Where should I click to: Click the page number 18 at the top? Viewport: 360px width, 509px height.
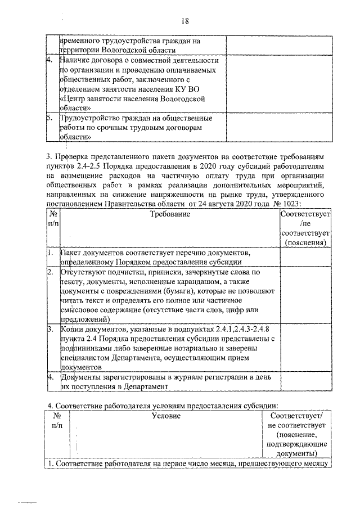click(x=184, y=21)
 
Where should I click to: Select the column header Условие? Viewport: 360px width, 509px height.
click(x=166, y=416)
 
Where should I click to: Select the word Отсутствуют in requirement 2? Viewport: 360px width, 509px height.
click(x=83, y=272)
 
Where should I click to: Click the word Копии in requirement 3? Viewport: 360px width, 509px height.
click(x=72, y=328)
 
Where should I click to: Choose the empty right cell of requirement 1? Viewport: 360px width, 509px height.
click(x=305, y=258)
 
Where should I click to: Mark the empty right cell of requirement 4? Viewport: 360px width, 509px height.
click(x=305, y=382)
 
